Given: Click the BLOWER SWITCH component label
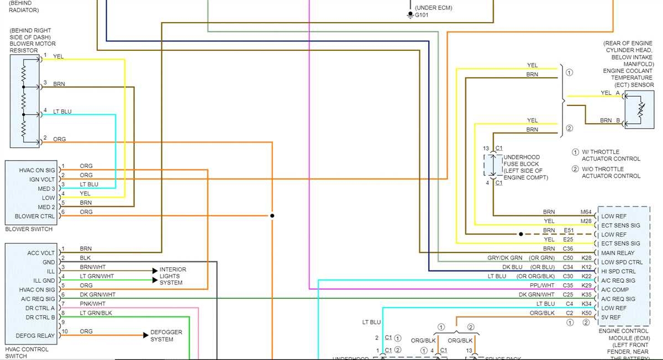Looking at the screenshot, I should point(29,229).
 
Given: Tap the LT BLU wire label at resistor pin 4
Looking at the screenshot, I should point(62,112).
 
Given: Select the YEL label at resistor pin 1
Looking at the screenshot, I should point(58,56).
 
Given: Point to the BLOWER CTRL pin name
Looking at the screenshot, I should point(35,216).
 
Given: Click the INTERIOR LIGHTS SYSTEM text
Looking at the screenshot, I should point(173,276).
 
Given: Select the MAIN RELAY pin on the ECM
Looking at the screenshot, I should point(618,253).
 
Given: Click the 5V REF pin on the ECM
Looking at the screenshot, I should point(612,317).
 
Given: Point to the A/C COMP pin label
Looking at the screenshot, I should point(615,290).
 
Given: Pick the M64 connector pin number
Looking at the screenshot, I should point(586,212).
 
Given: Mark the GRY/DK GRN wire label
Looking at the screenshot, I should point(504,258).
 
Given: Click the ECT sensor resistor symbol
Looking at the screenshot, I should point(640,110).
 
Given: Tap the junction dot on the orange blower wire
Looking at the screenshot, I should point(272,216).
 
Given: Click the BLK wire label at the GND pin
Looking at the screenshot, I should point(86,258).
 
